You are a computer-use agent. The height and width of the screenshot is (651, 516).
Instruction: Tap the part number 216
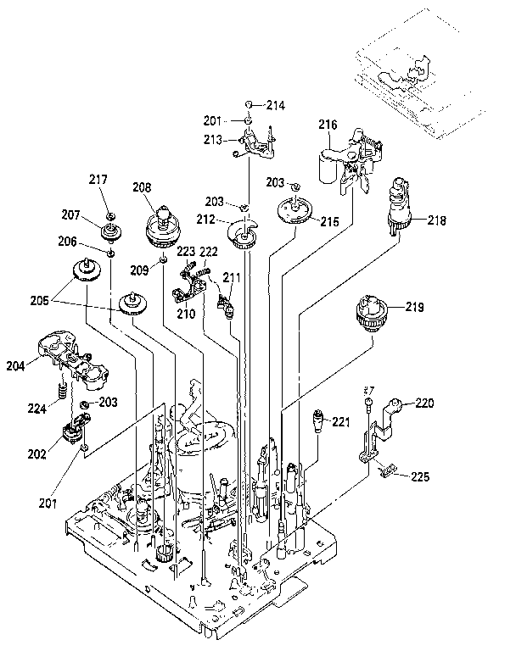(x=328, y=125)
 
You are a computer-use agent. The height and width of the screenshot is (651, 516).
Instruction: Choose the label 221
(x=341, y=421)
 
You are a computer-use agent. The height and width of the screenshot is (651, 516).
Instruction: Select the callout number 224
(x=36, y=407)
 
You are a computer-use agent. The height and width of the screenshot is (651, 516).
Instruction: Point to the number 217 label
(x=98, y=179)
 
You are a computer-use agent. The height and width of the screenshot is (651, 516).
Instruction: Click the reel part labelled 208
(x=162, y=225)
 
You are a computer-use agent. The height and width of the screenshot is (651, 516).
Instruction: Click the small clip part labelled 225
(x=386, y=469)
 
